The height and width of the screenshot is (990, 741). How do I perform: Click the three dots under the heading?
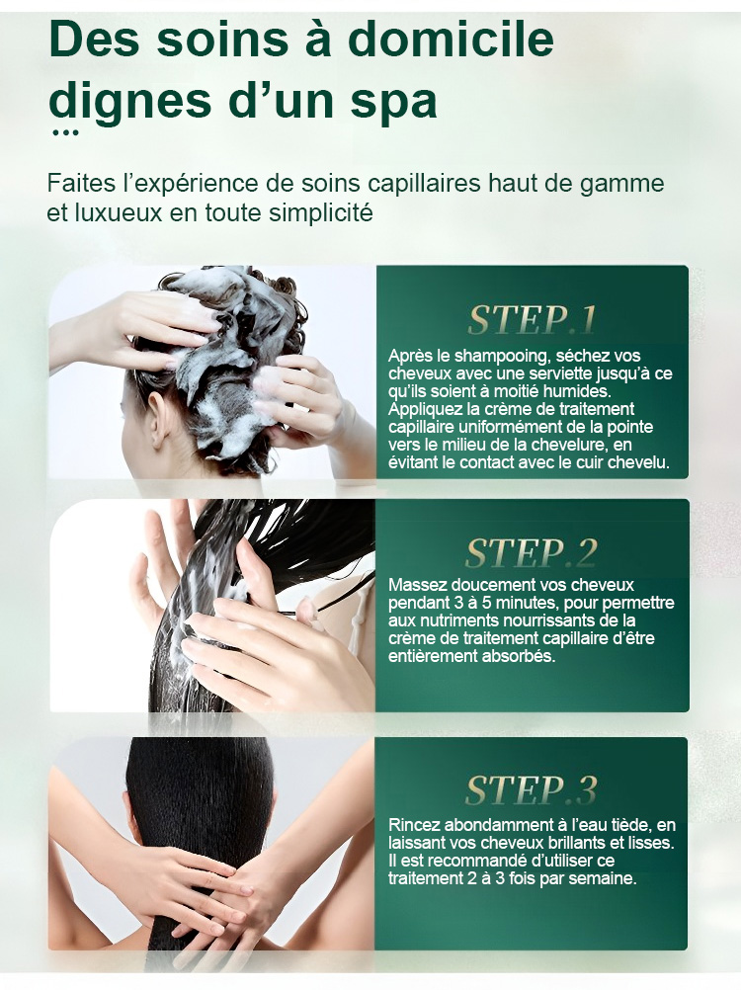tap(65, 132)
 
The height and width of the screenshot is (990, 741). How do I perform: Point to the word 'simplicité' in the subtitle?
tap(321, 212)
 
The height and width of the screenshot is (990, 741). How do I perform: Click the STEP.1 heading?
tap(533, 319)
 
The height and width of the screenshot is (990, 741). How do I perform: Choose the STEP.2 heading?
tap(532, 553)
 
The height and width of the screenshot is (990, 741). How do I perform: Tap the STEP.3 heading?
tap(532, 789)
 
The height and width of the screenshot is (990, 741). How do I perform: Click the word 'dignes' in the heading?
tap(130, 103)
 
